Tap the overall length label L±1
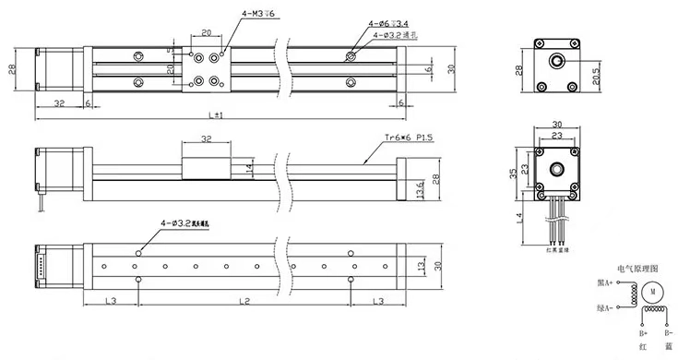tap(218, 114)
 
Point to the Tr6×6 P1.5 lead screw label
tap(410, 139)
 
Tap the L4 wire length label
tap(519, 218)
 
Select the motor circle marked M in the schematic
tap(652, 293)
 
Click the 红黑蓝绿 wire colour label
tap(556, 249)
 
